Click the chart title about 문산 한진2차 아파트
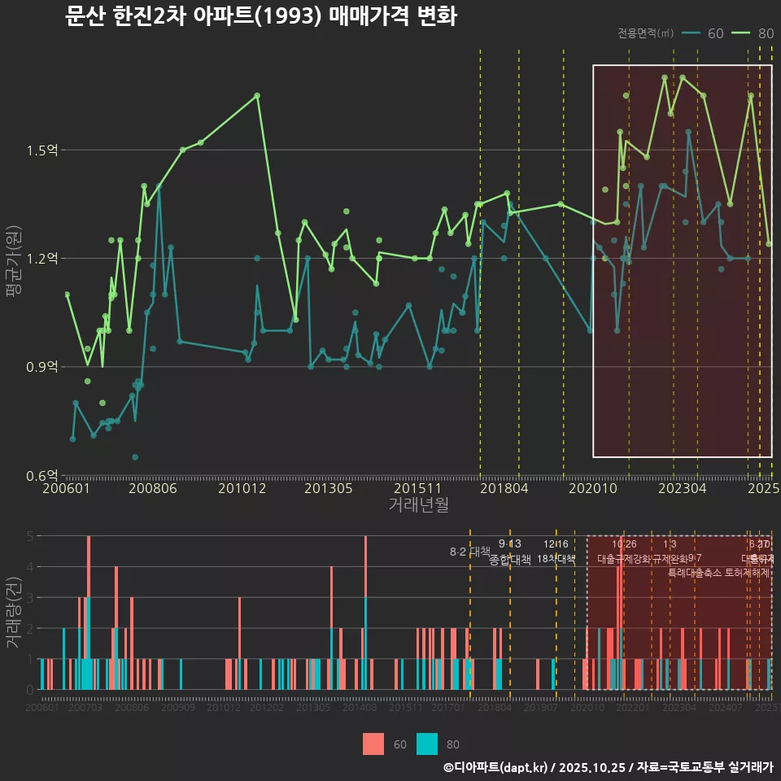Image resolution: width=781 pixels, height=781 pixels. point(260,16)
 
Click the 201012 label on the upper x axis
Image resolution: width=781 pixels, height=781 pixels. point(242,489)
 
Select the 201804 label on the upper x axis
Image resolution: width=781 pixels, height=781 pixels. point(504,489)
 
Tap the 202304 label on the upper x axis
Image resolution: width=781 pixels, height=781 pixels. point(682,489)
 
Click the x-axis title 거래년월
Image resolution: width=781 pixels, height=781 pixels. point(418,505)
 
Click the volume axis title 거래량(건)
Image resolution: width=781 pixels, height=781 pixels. point(13,613)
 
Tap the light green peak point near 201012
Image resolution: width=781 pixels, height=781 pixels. point(257,95)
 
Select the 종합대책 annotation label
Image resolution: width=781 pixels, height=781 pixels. point(510,560)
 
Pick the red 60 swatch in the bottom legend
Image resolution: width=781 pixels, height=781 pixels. point(373,744)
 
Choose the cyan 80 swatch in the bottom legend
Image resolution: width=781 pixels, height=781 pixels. point(427,744)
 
